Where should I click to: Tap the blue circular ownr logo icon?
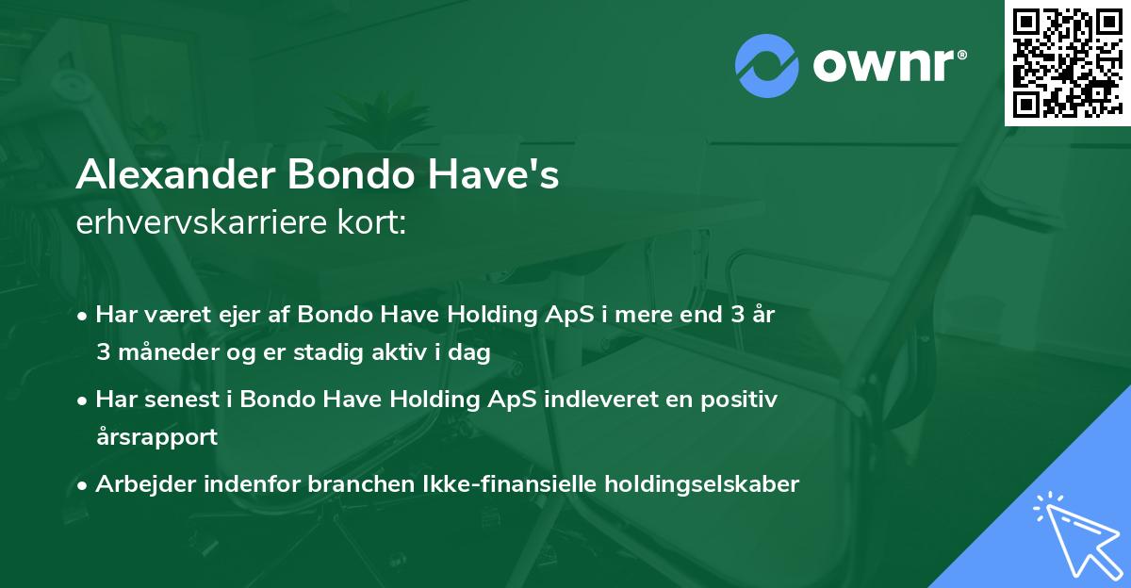767,66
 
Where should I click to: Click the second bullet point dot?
84,400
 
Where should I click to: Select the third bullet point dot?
84,485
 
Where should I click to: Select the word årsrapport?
156,436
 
